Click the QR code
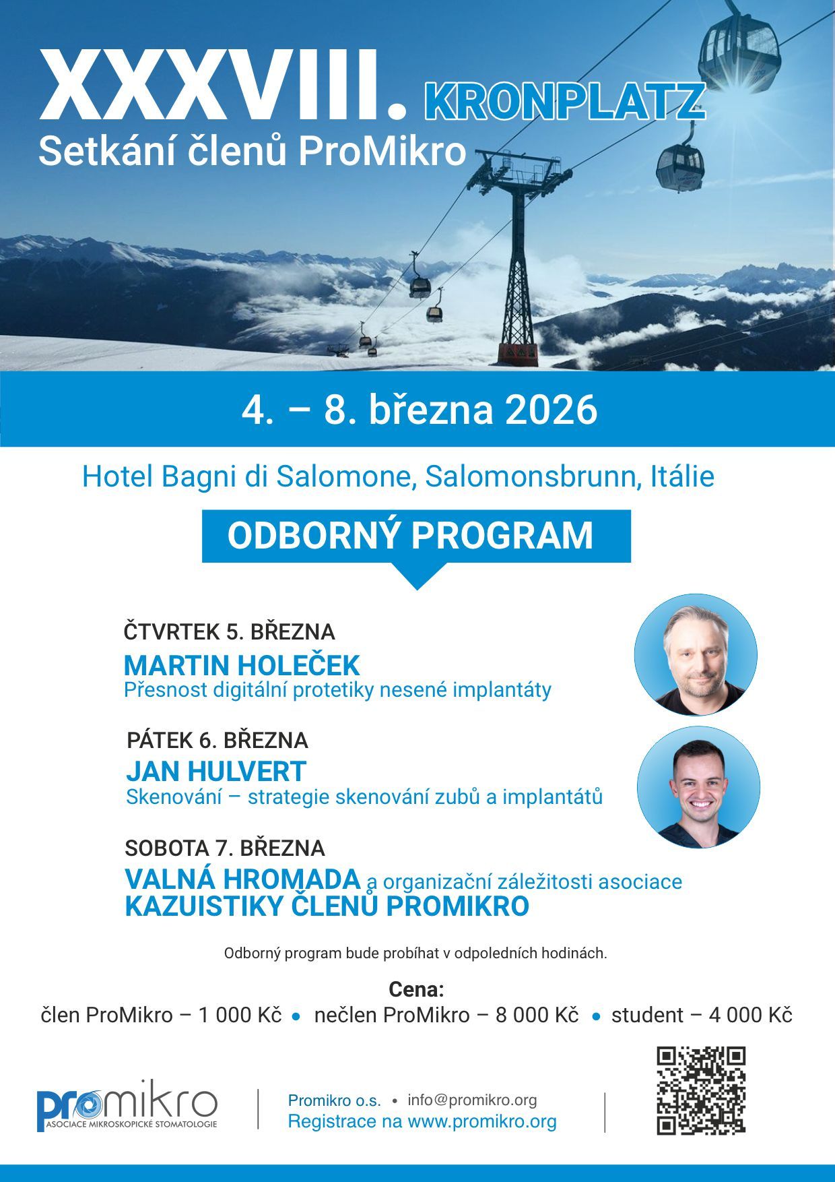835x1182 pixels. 701,1090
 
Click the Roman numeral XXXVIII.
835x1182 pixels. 224,85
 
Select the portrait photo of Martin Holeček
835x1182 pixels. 696,654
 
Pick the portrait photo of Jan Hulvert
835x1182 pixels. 698,786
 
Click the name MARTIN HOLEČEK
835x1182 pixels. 242,666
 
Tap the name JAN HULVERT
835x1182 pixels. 216,772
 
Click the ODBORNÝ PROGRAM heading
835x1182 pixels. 410,536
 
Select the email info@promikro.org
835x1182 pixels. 472,1100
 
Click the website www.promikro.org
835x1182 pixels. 482,1121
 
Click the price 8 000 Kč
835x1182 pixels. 537,1015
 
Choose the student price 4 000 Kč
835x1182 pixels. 750,1015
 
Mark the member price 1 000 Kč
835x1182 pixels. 240,1015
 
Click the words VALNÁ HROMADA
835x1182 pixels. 242,879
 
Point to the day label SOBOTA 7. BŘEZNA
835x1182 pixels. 225,848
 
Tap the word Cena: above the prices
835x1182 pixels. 417,989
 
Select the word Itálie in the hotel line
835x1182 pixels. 682,477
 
